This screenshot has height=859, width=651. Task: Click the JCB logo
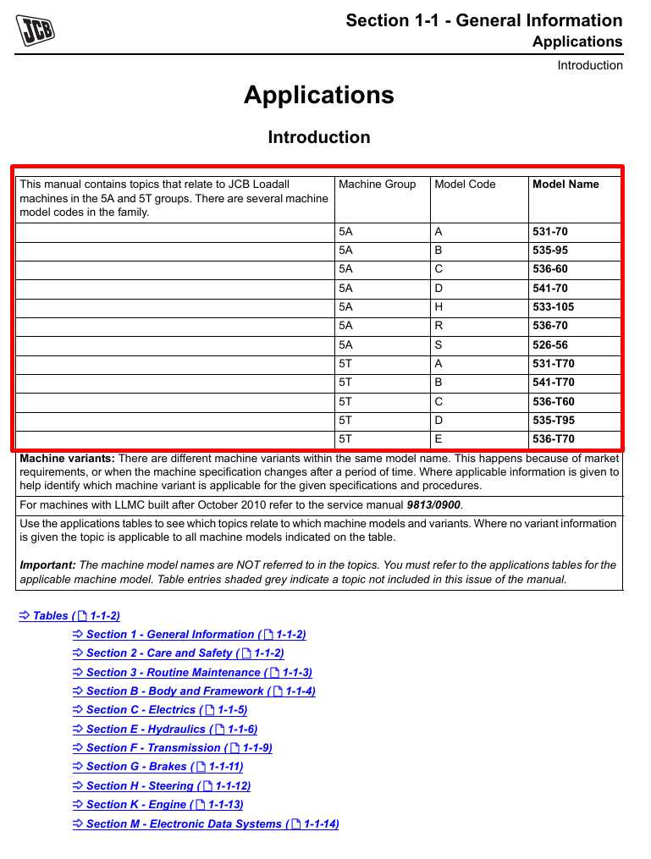coord(36,30)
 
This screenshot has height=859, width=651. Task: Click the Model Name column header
coord(565,184)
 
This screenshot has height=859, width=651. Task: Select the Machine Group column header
coord(377,184)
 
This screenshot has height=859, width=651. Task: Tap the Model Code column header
coord(465,184)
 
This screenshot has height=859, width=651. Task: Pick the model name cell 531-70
coord(549,232)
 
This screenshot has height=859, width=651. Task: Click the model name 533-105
coord(553,307)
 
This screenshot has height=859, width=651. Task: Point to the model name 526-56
coord(549,345)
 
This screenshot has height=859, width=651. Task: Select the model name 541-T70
coord(553,383)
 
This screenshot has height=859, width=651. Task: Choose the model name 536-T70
coord(553,439)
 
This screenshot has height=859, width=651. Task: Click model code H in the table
coord(439,307)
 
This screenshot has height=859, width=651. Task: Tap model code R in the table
coord(439,326)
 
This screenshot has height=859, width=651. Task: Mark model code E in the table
coord(439,439)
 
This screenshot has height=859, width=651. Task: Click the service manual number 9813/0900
coord(434,505)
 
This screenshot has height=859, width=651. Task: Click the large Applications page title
coord(319,95)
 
